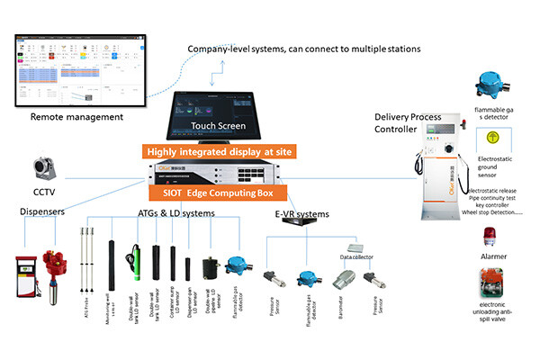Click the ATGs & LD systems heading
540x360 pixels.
point(175,213)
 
